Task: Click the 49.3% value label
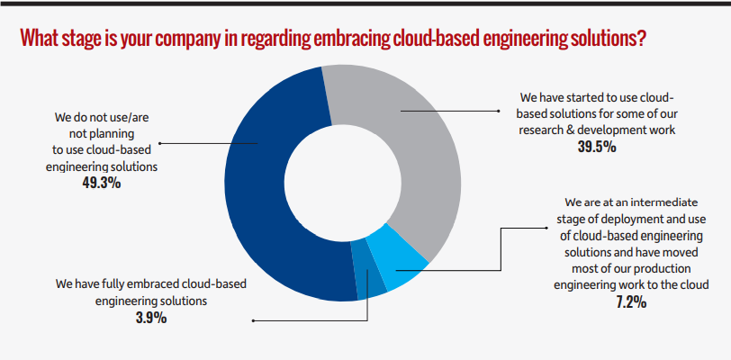101,183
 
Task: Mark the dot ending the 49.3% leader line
160,142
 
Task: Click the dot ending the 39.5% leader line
499,112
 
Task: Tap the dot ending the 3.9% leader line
254,319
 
